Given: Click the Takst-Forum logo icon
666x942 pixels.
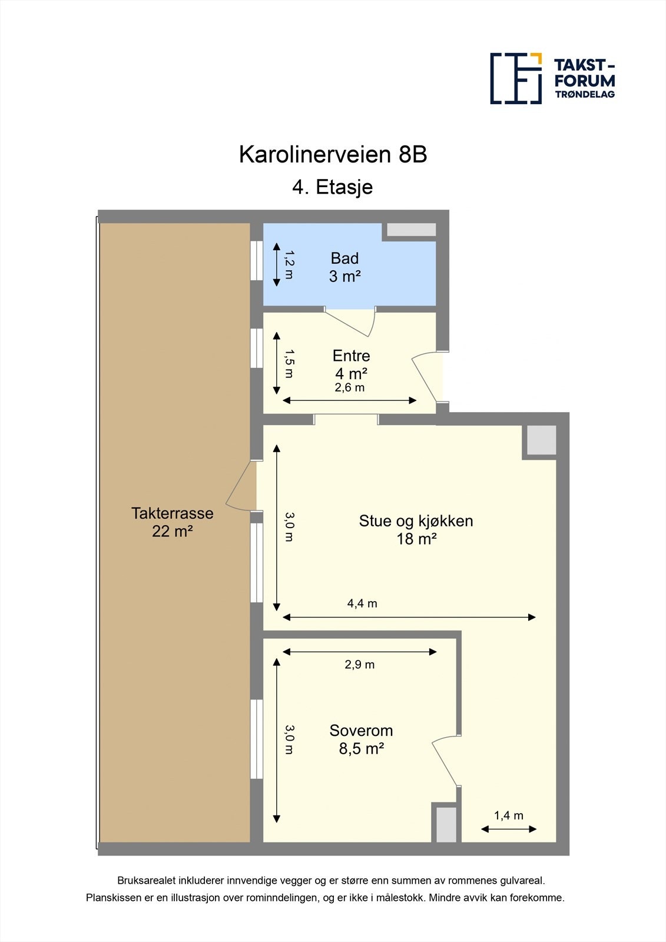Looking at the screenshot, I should coord(516,78).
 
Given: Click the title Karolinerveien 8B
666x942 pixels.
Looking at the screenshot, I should coord(333,154).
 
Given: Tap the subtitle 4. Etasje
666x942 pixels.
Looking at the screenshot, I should coord(333,187).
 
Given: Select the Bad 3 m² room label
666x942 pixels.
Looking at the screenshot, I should coord(344,267).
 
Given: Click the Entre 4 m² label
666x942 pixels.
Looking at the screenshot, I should coord(351,364).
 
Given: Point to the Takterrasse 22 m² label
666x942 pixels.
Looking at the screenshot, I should coord(173,522).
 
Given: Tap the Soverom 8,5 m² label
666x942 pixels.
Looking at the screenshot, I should coord(361,739).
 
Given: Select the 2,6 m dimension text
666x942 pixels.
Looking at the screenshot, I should coord(350,387).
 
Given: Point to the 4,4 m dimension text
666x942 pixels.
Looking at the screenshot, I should coord(362,603).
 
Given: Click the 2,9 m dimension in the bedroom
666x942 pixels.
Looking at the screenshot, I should coord(359,665).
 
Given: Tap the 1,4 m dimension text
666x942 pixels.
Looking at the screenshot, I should coord(508,815).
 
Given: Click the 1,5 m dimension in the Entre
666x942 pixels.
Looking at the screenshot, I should coord(289,363).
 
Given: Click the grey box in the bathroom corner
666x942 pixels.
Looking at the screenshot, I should coord(411,230).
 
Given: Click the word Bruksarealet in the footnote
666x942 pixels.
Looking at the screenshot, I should coord(147,881).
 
